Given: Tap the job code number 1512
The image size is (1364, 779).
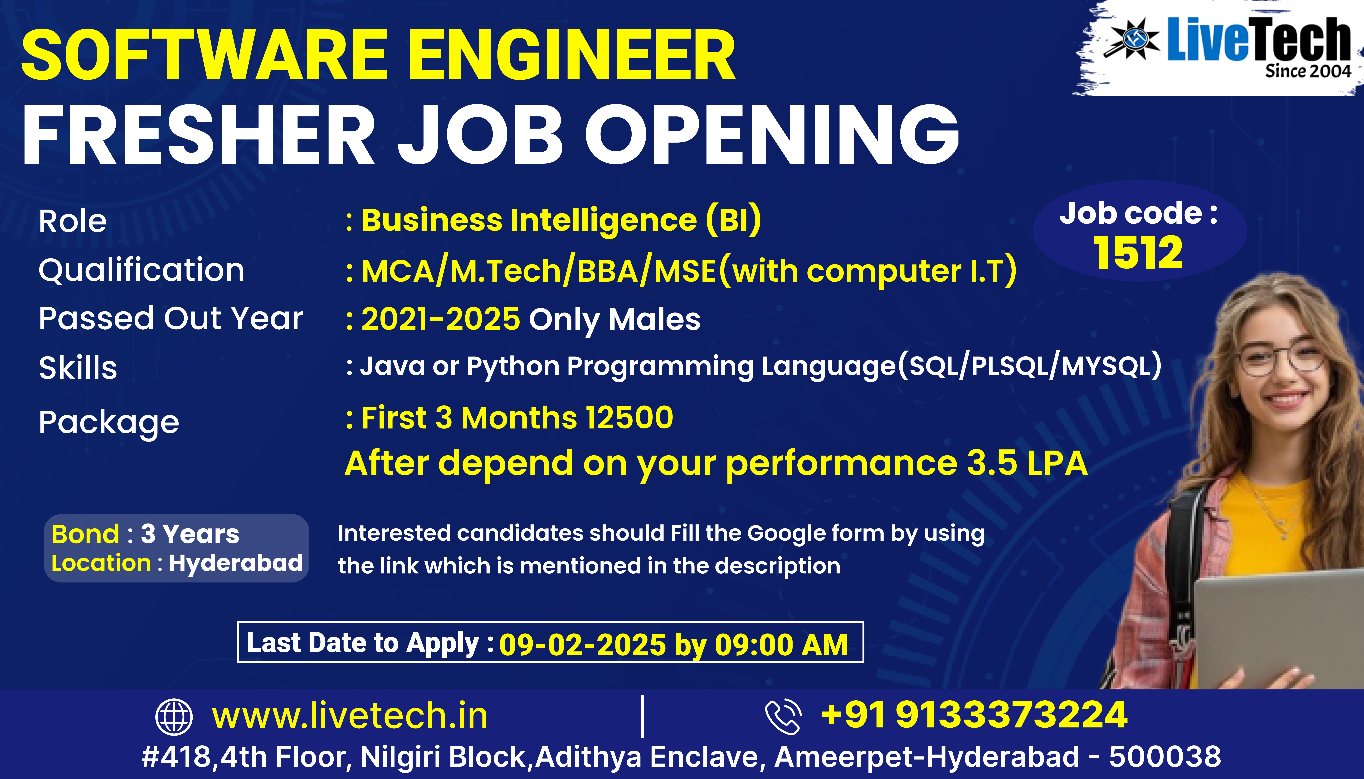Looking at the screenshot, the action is click(x=1138, y=253).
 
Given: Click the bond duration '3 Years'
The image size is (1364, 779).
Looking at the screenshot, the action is click(x=190, y=534).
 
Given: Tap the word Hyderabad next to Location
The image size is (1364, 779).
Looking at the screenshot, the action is click(x=236, y=563).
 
